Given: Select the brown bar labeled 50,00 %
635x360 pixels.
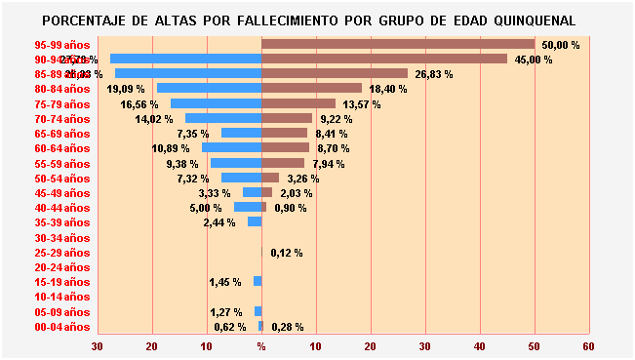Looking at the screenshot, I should coord(398,44).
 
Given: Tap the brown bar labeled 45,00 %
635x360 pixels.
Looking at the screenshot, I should coord(384,59).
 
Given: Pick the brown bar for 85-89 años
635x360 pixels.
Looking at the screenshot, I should coord(335,73).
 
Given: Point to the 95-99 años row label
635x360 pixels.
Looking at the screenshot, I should coord(61,45).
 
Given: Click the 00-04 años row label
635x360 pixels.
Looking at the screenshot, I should coord(61,327).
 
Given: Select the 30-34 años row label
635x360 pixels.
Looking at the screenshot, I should coord(61,237).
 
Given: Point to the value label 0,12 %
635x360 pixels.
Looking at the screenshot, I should coord(287,253).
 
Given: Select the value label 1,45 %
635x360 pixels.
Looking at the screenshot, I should coord(225,282).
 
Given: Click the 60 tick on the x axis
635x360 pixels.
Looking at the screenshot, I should coord(587,346).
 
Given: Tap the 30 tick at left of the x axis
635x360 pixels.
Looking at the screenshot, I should coord(97,346).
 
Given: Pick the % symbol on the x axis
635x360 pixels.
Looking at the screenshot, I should coord(260,346).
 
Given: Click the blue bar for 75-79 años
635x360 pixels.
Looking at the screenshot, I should coord(216,103).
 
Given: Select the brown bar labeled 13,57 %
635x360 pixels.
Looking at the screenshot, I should coord(298,103).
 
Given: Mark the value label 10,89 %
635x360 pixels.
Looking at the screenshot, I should coord(171,148).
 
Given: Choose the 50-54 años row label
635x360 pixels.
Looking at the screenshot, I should coord(61,179).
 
